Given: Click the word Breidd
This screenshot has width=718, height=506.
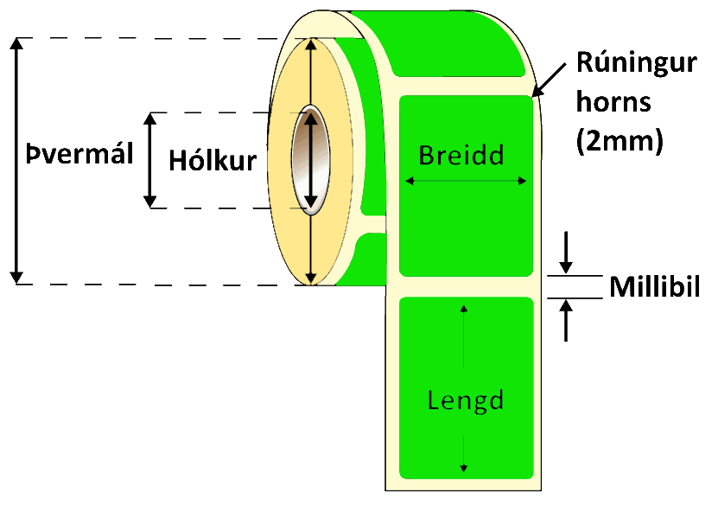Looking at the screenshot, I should pyautogui.click(x=461, y=155).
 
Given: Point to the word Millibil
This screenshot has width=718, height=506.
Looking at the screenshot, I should pyautogui.click(x=653, y=288).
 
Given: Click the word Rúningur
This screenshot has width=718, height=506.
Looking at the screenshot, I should pyautogui.click(x=636, y=63).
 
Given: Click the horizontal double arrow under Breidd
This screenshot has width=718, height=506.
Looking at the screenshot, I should pyautogui.click(x=466, y=181).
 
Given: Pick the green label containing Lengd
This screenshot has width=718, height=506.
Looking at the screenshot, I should pyautogui.click(x=466, y=346).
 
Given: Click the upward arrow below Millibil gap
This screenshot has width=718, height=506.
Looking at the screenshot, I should pyautogui.click(x=566, y=320).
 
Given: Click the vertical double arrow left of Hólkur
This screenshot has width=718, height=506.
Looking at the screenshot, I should pyautogui.click(x=151, y=160).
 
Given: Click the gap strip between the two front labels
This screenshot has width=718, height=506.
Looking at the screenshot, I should pyautogui.click(x=466, y=286).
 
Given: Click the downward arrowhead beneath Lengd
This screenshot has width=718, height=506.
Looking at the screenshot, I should pyautogui.click(x=465, y=467).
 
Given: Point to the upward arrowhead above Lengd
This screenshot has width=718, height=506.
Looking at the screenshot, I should pyautogui.click(x=465, y=308).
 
